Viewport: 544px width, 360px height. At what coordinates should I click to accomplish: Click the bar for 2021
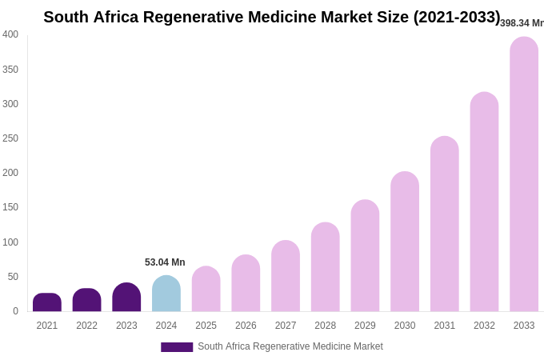[x=47, y=302]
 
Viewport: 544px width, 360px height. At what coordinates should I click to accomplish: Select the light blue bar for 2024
[x=166, y=294]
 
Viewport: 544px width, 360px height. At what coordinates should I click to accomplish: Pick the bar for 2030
[x=405, y=242]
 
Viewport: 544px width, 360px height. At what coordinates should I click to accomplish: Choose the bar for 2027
[x=286, y=276]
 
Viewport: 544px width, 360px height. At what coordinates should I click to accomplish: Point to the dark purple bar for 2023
[x=126, y=298]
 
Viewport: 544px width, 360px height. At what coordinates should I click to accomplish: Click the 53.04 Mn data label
[x=165, y=262]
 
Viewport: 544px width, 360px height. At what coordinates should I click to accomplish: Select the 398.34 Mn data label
[x=522, y=23]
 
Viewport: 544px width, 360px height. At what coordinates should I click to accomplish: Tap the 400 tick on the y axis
[x=10, y=34]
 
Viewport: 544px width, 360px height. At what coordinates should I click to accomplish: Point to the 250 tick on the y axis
[x=10, y=138]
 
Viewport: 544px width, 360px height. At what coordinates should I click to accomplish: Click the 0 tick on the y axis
[x=15, y=311]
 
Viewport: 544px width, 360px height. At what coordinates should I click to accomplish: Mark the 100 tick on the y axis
[x=10, y=242]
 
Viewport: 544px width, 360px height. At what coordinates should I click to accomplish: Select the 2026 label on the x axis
[x=246, y=326]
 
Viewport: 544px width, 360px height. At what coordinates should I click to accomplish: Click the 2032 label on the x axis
[x=484, y=326]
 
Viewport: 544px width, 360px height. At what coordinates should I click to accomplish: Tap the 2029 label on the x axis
[x=365, y=326]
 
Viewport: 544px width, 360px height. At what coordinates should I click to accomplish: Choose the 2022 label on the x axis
[x=86, y=326]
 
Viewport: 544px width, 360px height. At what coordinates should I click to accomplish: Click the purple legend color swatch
[x=177, y=347]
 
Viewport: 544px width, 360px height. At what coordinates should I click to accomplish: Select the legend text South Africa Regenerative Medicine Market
[x=290, y=346]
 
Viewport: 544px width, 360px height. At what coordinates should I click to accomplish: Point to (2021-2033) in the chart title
[x=457, y=17]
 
